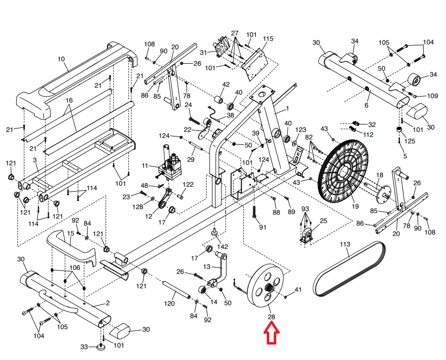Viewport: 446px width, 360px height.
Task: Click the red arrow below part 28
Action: click(271, 333)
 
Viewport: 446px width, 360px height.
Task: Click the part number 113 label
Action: click(345, 244)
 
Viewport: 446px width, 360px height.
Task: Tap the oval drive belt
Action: click(349, 269)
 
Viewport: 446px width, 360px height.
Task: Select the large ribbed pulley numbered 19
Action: click(342, 171)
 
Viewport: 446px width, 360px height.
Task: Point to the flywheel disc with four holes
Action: click(266, 286)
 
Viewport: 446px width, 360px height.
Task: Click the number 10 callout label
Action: click(61, 59)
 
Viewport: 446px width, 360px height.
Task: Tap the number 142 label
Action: click(222, 246)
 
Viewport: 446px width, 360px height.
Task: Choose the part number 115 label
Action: click(268, 39)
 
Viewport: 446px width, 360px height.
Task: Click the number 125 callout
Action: click(409, 141)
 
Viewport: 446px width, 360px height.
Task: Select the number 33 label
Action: click(84, 347)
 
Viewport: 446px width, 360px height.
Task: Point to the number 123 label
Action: click(301, 130)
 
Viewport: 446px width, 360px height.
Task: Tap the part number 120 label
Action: click(169, 303)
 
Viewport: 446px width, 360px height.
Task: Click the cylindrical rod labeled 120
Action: click(176, 290)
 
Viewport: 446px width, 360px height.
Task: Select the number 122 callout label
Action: click(188, 184)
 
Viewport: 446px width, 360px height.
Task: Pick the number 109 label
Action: click(433, 96)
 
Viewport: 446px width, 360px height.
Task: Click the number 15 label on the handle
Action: click(71, 234)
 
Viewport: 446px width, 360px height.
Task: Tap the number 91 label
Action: click(263, 227)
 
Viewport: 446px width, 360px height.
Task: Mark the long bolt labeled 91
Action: click(254, 212)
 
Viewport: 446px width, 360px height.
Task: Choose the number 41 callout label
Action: click(298, 290)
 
